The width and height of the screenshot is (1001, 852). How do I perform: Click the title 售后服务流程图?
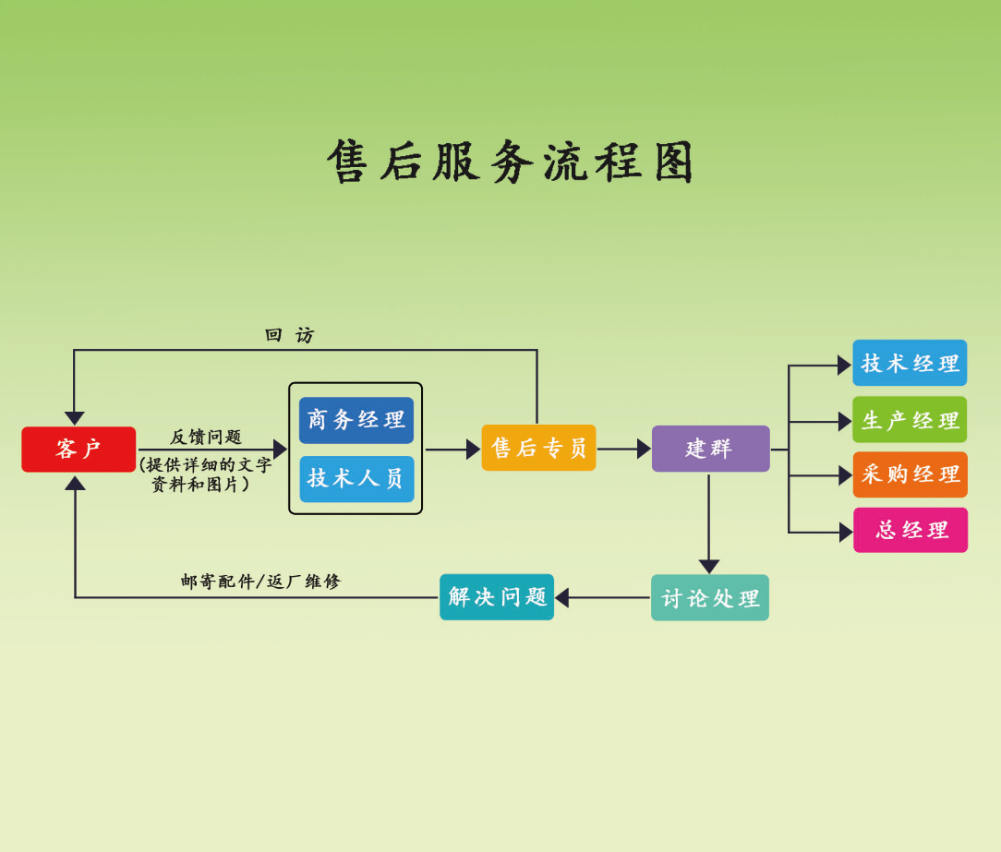point(510,162)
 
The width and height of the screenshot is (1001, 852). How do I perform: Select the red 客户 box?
point(78,450)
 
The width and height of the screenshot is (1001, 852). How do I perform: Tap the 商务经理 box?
point(356,420)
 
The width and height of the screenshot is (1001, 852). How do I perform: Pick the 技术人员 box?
point(356,478)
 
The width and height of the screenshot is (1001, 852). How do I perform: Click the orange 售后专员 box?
point(538,448)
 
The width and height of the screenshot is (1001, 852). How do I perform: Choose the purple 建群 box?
point(710,449)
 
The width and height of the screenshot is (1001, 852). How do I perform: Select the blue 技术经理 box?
point(910,363)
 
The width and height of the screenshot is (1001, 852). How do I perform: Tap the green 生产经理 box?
point(910,420)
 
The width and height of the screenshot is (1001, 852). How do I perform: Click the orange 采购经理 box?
point(910,474)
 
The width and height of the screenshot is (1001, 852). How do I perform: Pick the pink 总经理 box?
point(910,530)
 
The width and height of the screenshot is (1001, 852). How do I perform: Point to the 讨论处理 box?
point(709,598)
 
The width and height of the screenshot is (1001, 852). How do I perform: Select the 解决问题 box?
point(497,597)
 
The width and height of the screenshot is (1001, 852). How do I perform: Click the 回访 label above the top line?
point(289,335)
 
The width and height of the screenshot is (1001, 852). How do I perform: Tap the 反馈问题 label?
point(205,437)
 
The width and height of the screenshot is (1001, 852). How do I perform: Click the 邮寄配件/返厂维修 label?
point(260,582)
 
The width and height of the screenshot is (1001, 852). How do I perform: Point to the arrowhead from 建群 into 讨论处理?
point(709,566)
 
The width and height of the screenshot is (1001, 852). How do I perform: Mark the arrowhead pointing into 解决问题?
point(561,597)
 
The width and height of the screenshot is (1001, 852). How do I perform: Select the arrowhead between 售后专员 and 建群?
point(644,449)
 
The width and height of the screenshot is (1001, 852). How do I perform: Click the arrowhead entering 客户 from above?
point(75,418)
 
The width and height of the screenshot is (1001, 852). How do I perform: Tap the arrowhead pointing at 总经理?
point(845,533)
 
